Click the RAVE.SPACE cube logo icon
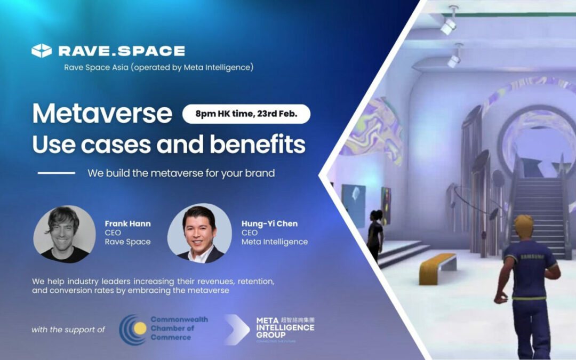pos(42,51)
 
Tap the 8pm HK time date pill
pos(246,114)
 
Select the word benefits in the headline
pos(261,144)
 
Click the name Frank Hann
pos(128,223)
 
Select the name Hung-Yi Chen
pos(270,223)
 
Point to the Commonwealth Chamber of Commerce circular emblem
pos(132,329)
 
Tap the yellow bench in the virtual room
pos(437,266)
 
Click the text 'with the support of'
pos(68,330)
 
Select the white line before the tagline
pos(57,173)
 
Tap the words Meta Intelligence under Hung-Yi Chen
pos(274,242)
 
